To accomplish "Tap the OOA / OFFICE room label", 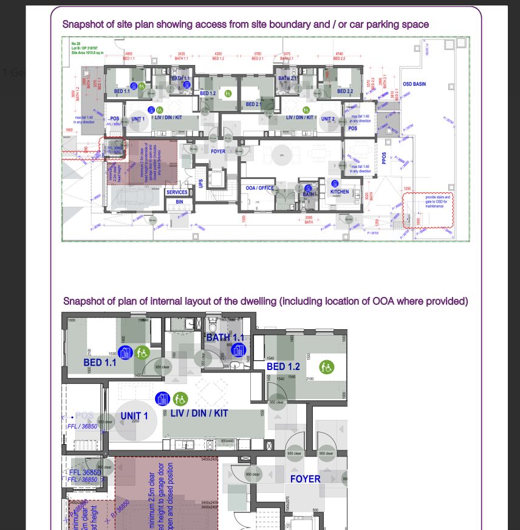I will coord(259,189).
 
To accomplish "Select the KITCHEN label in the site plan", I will coord(340,192).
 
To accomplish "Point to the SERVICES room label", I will coord(177,192).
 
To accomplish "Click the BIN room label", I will coord(179,202).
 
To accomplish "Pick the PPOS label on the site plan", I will coord(384,158).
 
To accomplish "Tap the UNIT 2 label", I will coord(328,119).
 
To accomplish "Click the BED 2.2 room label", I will coord(345,92).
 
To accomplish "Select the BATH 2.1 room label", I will coord(287,78).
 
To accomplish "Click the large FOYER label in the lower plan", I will coord(305,479).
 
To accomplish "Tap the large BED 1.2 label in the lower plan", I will coord(283,367).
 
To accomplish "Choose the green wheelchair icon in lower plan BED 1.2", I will coord(327,368).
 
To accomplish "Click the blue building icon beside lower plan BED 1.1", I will coord(125,352).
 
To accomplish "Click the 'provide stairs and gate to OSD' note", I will coord(437,201).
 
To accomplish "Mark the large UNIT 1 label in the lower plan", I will coord(134,416).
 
